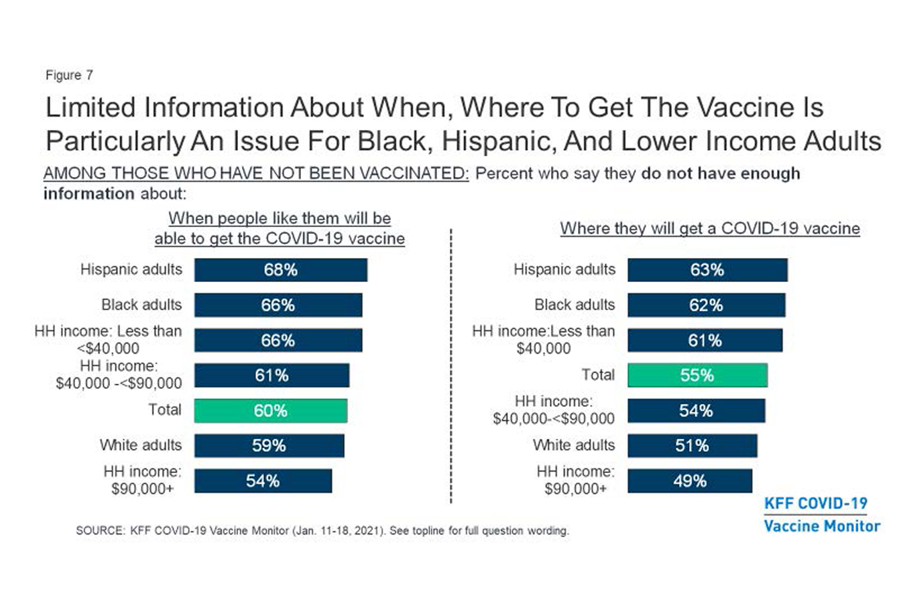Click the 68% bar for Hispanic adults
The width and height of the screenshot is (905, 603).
tap(280, 270)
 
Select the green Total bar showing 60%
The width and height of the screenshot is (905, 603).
tap(270, 411)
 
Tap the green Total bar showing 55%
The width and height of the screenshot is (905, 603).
tap(697, 375)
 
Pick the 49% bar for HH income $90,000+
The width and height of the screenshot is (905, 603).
tap(689, 481)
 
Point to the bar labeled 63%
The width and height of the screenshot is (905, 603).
tap(707, 270)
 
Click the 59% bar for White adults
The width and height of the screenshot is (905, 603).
tap(269, 446)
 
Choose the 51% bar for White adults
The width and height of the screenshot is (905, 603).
tap(692, 446)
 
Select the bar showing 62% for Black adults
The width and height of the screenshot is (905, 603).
tap(706, 305)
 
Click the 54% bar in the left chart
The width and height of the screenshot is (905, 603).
tap(263, 481)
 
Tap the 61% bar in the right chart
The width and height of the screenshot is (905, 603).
tap(705, 340)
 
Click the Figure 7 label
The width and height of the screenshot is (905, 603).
tap(69, 75)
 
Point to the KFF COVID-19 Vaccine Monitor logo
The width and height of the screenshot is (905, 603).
tap(821, 515)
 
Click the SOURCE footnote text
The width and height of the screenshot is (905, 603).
tap(322, 531)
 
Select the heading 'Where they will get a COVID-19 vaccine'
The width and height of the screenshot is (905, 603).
tap(710, 228)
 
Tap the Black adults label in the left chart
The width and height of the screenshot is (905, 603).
tap(141, 305)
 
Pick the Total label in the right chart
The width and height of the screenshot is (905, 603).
tap(598, 375)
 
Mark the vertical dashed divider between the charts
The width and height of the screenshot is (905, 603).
tap(451, 365)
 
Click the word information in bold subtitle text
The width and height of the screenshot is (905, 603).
tap(88, 194)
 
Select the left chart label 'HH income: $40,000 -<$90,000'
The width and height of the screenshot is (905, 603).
tap(119, 375)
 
